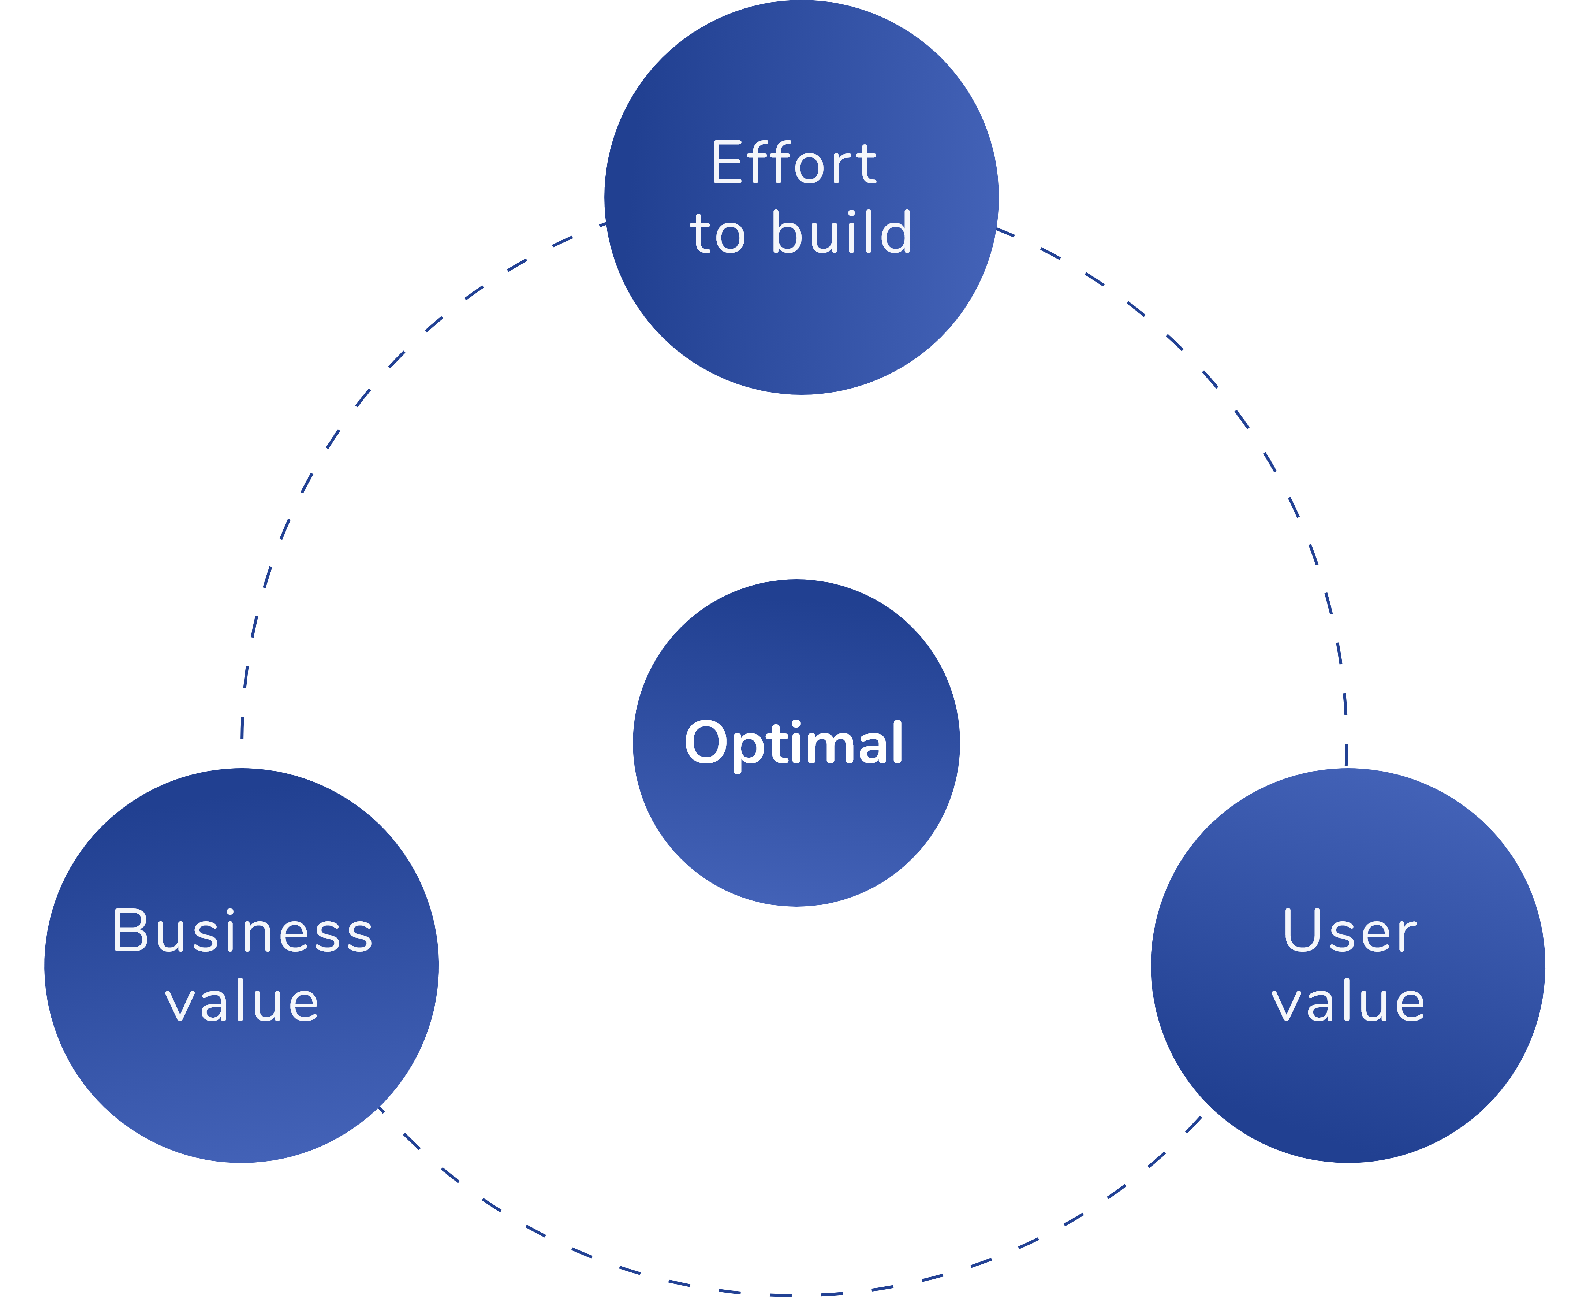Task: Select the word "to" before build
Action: click(x=718, y=235)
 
